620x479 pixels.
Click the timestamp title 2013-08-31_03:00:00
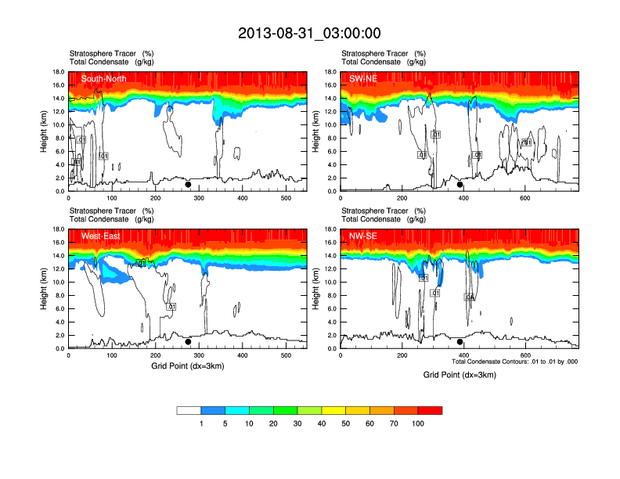310,33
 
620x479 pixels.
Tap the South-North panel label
105,79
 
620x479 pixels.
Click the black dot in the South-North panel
188,185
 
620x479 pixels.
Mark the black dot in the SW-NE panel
460,185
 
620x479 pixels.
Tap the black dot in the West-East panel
188,342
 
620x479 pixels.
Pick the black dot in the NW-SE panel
460,342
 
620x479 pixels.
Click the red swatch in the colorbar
430,410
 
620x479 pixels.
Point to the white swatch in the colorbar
189,410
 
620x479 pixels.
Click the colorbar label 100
418,423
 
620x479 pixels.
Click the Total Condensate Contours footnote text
515,362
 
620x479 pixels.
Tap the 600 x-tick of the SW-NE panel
524,198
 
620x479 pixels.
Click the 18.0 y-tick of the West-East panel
56,229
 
